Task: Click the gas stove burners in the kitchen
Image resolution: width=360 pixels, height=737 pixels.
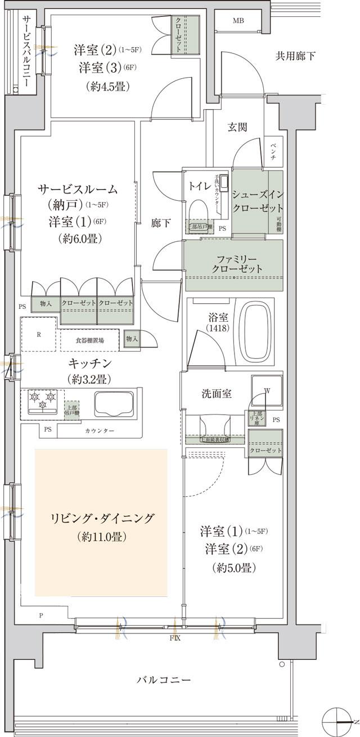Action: (41, 399)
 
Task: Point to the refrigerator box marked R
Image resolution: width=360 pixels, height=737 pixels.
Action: (39, 334)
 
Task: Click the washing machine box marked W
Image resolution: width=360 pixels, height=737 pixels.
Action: (267, 390)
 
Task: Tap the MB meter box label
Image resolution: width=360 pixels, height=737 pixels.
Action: (239, 21)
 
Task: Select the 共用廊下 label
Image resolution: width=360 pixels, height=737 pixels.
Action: (295, 56)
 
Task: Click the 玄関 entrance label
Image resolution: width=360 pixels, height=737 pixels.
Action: (237, 127)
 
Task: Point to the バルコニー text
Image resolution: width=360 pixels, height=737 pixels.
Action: (164, 680)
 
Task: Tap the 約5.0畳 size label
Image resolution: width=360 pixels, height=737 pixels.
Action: (235, 568)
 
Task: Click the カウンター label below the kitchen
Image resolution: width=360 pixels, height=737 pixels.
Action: (100, 430)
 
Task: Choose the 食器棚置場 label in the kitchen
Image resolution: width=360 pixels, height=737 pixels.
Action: (90, 340)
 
